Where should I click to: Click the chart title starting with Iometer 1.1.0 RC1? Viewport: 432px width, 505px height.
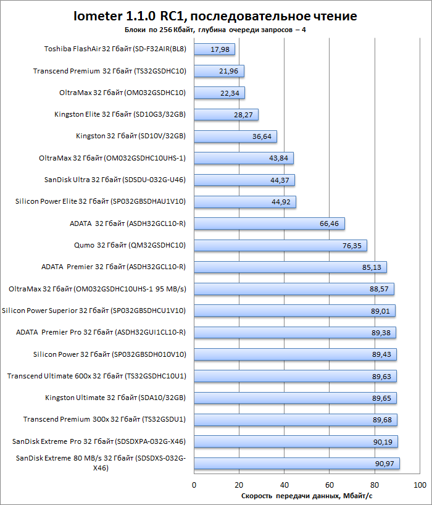pos(215,16)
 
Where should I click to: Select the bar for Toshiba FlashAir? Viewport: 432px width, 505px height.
pos(214,49)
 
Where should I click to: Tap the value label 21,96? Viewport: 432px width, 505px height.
pos(228,71)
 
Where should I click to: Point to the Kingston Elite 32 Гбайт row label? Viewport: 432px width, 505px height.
pos(120,114)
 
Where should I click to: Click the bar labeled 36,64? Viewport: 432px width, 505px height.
pos(235,136)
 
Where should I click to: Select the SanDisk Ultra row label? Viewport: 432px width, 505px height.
pos(115,180)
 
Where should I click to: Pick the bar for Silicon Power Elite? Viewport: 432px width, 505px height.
pos(245,202)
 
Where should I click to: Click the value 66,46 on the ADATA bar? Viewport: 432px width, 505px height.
pos(329,223)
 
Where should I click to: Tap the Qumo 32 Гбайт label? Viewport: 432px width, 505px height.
pos(130,246)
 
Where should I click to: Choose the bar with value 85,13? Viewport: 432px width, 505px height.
pos(290,267)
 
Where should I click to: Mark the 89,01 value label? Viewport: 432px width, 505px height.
pos(380,311)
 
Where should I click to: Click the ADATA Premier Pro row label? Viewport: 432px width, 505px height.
pos(101,332)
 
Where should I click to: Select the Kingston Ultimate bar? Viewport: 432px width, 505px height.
pos(295,398)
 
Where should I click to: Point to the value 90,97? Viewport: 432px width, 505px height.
pos(384,464)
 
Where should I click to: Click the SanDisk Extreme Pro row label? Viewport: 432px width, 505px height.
pos(99,441)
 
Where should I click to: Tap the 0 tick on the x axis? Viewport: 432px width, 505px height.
pos(194,485)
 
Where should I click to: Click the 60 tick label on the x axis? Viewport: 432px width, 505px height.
pos(330,485)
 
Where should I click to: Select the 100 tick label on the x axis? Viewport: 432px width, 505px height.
pos(420,485)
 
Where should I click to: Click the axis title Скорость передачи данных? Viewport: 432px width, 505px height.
pos(307,496)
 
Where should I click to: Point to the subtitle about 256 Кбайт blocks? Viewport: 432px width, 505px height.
pos(215,30)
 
